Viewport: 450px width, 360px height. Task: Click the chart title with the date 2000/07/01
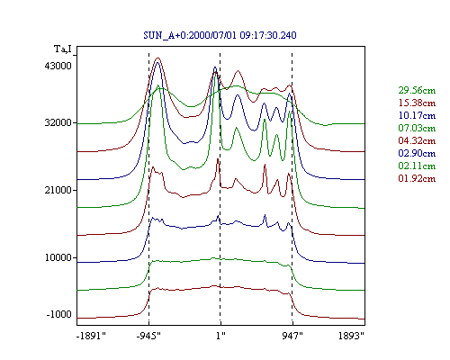(x=220, y=35)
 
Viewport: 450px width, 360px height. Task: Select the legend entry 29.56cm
(x=417, y=90)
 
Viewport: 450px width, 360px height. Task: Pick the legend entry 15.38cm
(x=417, y=103)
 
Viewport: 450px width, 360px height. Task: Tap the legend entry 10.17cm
(x=417, y=115)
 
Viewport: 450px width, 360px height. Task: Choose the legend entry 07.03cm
(x=417, y=128)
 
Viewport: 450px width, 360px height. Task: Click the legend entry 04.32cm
(x=417, y=140)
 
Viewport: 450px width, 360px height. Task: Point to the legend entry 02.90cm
(x=417, y=153)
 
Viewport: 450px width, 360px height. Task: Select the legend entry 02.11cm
(x=417, y=166)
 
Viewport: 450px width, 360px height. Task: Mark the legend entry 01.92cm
(x=417, y=178)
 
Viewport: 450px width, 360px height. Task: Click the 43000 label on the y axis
(x=58, y=66)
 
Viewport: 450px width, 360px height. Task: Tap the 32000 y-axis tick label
(x=58, y=122)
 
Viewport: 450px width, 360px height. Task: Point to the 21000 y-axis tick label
(x=58, y=190)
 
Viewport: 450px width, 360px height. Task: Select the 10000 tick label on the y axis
(x=58, y=257)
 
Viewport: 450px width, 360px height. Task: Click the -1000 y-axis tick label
(x=59, y=314)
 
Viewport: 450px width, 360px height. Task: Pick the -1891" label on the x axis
(x=92, y=336)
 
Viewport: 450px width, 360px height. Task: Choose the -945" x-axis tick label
(x=148, y=336)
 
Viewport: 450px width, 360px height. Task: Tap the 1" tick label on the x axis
(x=220, y=336)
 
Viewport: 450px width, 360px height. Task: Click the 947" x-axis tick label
(x=292, y=336)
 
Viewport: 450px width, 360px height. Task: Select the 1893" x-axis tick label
(x=351, y=336)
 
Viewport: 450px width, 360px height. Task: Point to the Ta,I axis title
(x=63, y=49)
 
